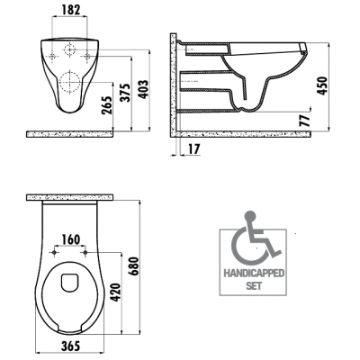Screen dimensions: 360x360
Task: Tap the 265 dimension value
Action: (x=107, y=105)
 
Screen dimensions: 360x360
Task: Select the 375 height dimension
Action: (x=125, y=93)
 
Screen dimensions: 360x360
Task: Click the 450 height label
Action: (x=322, y=86)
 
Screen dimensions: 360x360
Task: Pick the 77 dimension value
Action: (x=304, y=121)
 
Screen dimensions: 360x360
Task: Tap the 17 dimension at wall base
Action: (x=194, y=149)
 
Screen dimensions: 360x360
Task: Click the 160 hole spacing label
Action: (x=71, y=239)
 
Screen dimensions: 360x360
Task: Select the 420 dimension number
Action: (x=115, y=292)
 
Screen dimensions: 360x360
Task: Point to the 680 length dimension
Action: (x=133, y=266)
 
